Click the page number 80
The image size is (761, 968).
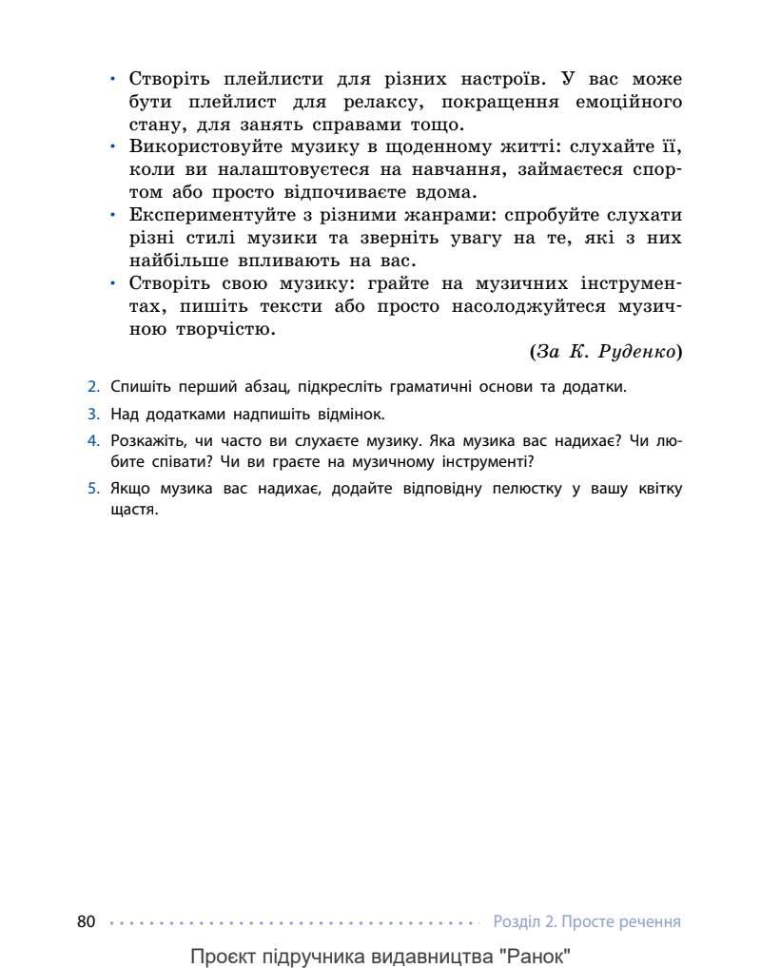(x=86, y=921)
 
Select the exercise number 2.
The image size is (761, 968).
(x=93, y=387)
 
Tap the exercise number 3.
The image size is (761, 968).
(x=93, y=415)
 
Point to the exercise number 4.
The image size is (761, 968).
(x=93, y=441)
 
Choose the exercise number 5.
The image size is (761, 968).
(x=93, y=489)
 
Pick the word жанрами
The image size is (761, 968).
(x=439, y=215)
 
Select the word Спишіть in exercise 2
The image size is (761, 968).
(x=139, y=387)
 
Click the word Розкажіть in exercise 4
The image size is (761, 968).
(x=146, y=441)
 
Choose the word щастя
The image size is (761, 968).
(x=133, y=510)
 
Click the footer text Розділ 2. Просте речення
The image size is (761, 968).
(x=587, y=921)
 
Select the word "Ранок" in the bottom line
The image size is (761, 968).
(x=537, y=955)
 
